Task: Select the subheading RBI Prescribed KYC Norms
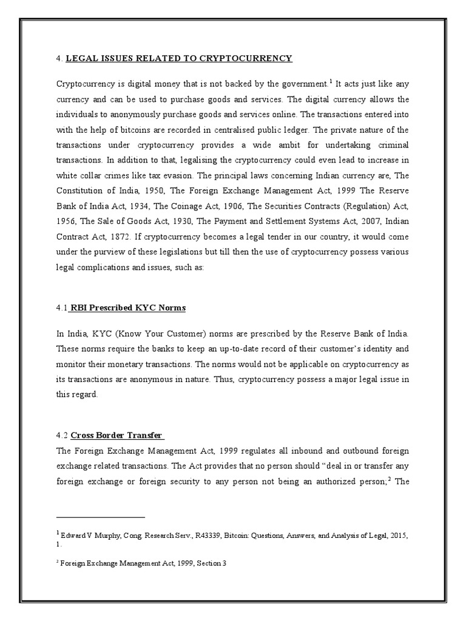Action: [129, 308]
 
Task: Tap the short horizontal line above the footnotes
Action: [101, 517]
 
